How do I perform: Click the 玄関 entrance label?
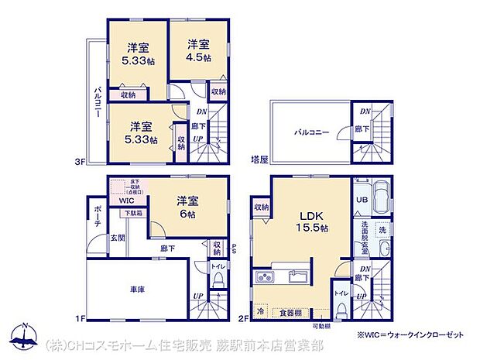(x=117, y=238)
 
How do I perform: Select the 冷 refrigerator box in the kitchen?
(x=260, y=312)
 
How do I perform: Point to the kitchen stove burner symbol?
(x=262, y=277)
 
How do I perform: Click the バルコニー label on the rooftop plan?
(x=311, y=133)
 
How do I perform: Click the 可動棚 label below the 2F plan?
(x=321, y=327)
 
